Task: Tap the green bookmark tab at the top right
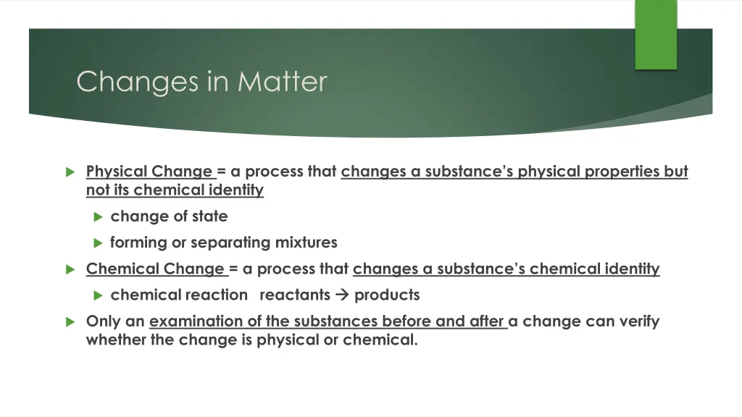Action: (655, 34)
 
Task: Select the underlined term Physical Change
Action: (149, 172)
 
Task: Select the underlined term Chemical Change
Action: (155, 269)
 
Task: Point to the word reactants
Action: (294, 295)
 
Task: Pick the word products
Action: (387, 295)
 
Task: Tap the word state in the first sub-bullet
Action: (210, 216)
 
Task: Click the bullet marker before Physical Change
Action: (70, 172)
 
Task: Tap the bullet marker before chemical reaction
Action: (99, 295)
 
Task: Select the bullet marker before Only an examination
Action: (70, 321)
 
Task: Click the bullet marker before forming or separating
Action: (99, 243)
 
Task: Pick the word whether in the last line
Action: (116, 340)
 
